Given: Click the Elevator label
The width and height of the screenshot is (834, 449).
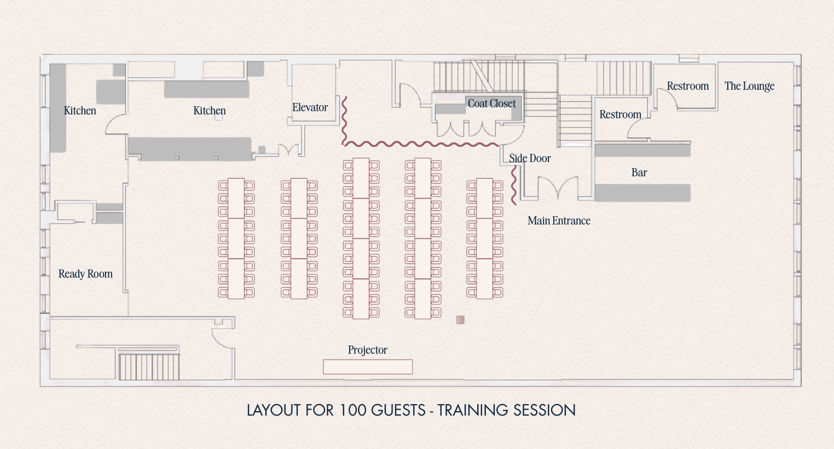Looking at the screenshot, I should coord(310,108).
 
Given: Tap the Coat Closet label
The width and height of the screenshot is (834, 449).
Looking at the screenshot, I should coord(491,103).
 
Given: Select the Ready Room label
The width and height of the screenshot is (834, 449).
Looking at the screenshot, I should coord(85,274).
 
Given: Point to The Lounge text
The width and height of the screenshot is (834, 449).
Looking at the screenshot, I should coord(749,86).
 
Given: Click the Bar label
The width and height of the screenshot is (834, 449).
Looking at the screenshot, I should coord(639,172).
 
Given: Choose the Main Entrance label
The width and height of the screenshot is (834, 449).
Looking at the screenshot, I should coord(559,221).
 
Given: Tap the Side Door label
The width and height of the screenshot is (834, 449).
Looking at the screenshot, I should coord(529,158).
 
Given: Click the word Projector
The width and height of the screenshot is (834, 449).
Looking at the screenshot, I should coord(367,350).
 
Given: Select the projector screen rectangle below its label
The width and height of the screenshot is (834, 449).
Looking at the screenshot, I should coord(367,367).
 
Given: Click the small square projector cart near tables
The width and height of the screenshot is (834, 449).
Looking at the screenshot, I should coord(460,320).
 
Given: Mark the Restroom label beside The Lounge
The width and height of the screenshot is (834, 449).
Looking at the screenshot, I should coord(687,86).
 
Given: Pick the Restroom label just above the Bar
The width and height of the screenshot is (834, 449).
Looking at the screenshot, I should coord(620,114).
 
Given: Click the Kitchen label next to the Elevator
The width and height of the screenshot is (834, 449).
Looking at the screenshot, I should coord(209,111).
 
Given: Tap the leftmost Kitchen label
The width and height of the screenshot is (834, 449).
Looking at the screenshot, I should coord(80,111).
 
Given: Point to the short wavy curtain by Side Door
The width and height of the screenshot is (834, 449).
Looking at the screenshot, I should coord(513,186).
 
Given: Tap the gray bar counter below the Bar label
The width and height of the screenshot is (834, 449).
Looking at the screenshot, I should coord(642,193).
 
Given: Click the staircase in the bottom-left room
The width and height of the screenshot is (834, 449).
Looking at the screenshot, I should coord(149,366).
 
